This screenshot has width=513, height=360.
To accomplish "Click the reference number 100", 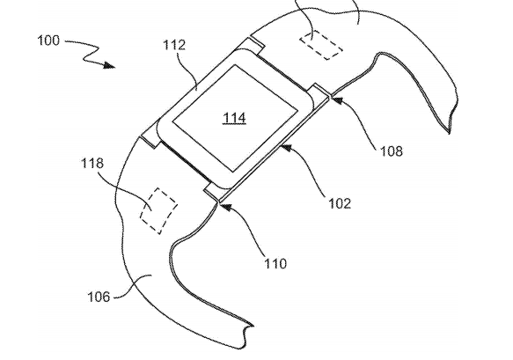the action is pos(48,40).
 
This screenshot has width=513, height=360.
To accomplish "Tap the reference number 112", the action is pos(174,45).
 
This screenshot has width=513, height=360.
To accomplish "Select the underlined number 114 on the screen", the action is pos(234,118).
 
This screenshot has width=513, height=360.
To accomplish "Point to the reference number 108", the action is pos(392,151).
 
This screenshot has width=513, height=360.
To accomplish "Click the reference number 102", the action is pos(340,203).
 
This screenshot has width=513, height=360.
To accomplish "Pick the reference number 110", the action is pos(275,263).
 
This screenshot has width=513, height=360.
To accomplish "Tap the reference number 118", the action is pos(92,163).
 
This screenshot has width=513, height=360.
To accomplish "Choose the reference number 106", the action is pos(99,297).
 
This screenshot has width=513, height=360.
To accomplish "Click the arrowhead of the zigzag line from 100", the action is pos(109,65).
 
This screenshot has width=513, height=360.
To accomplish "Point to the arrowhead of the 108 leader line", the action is pos(337,99).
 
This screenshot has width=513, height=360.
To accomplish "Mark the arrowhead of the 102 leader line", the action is pos(287,148).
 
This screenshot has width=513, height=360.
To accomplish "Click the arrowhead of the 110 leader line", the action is pos(225,207).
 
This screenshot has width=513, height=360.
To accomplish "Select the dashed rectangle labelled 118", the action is pos(158,210).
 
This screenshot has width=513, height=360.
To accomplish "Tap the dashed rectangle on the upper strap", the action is pos(321,45).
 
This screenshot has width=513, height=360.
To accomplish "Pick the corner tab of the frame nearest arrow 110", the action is pos(216,193).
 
